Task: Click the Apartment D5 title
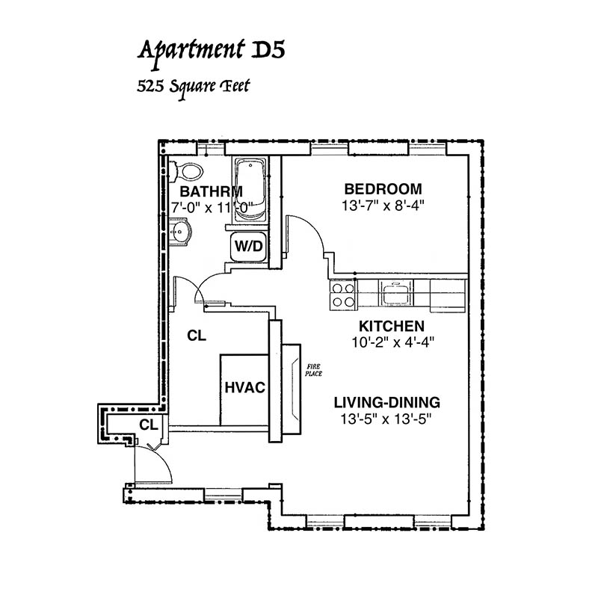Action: (211, 52)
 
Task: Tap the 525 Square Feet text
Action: (193, 87)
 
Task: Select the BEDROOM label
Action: (383, 189)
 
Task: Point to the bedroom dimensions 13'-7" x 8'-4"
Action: (383, 206)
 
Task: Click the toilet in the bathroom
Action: (187, 172)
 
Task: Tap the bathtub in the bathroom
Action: (250, 190)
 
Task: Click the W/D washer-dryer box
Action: (249, 247)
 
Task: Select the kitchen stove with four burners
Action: (343, 295)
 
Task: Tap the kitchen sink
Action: (396, 293)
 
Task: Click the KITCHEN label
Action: (392, 327)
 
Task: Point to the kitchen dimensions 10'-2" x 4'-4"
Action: (393, 342)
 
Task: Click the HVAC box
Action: (244, 389)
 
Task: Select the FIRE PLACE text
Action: (313, 370)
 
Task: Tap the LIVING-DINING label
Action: (387, 403)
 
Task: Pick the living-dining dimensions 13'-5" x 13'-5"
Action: (386, 419)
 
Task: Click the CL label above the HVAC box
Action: (197, 336)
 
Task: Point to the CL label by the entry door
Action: (149, 425)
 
